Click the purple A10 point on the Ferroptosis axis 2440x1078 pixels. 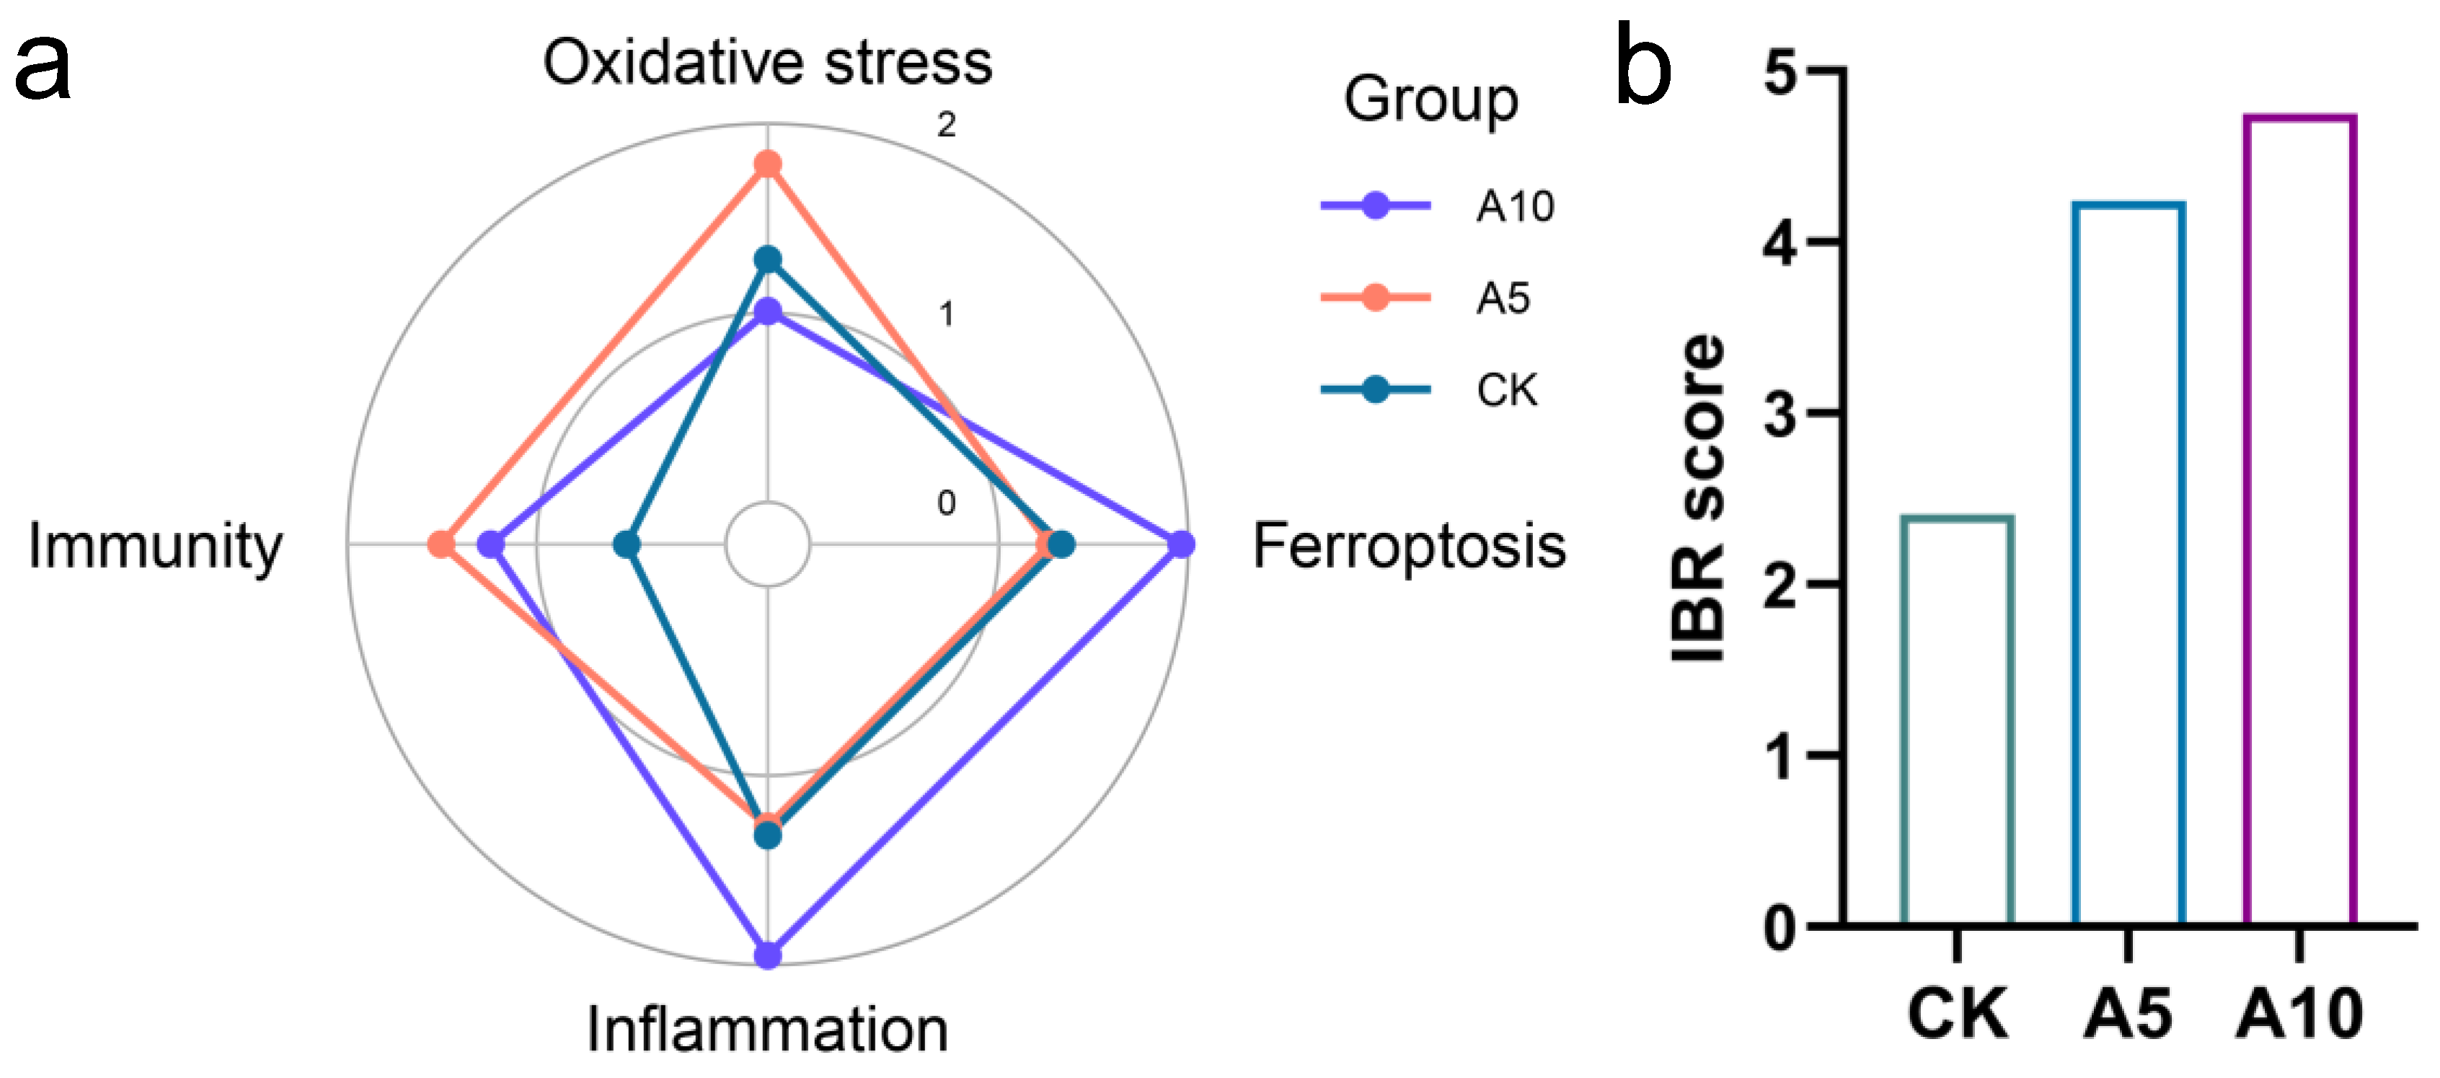point(1180,544)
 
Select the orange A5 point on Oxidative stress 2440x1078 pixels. point(767,165)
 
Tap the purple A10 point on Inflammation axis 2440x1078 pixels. point(767,955)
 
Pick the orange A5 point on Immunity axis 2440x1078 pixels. point(441,544)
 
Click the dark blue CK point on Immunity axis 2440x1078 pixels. point(626,544)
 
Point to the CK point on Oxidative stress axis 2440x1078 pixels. point(767,259)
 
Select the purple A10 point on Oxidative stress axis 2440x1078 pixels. point(767,312)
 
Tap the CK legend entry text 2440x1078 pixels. point(1506,390)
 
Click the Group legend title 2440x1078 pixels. point(1431,100)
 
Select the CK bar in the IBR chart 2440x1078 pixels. point(1957,720)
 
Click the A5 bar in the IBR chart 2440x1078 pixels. point(2129,564)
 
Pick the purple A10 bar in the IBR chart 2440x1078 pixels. point(2300,521)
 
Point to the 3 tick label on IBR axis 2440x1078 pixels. point(1781,414)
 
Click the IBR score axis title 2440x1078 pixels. point(1697,498)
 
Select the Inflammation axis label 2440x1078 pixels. point(767,1030)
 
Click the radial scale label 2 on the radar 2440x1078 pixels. point(946,124)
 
